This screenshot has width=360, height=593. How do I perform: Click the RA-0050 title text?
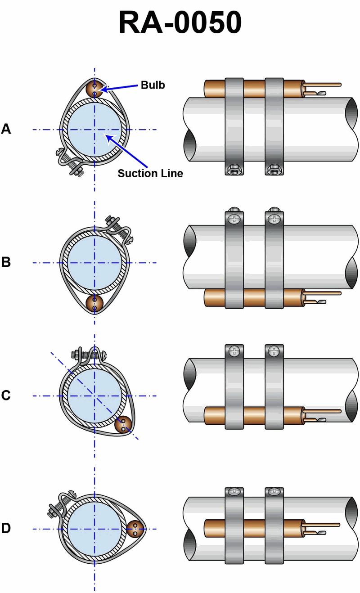click(180, 22)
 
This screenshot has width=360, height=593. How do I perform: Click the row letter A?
click(6, 129)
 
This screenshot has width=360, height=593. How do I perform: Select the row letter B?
click(6, 262)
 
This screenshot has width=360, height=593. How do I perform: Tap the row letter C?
click(6, 395)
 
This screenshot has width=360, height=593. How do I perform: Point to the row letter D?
click(6, 528)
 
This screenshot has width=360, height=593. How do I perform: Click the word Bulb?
click(153, 85)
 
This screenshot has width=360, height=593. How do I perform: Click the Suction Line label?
click(150, 173)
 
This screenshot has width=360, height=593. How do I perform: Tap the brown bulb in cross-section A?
click(94, 88)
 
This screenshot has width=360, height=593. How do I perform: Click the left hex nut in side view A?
click(234, 170)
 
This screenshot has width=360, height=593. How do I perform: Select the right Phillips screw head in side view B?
click(274, 220)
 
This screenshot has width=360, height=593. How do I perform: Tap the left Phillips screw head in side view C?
click(234, 351)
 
